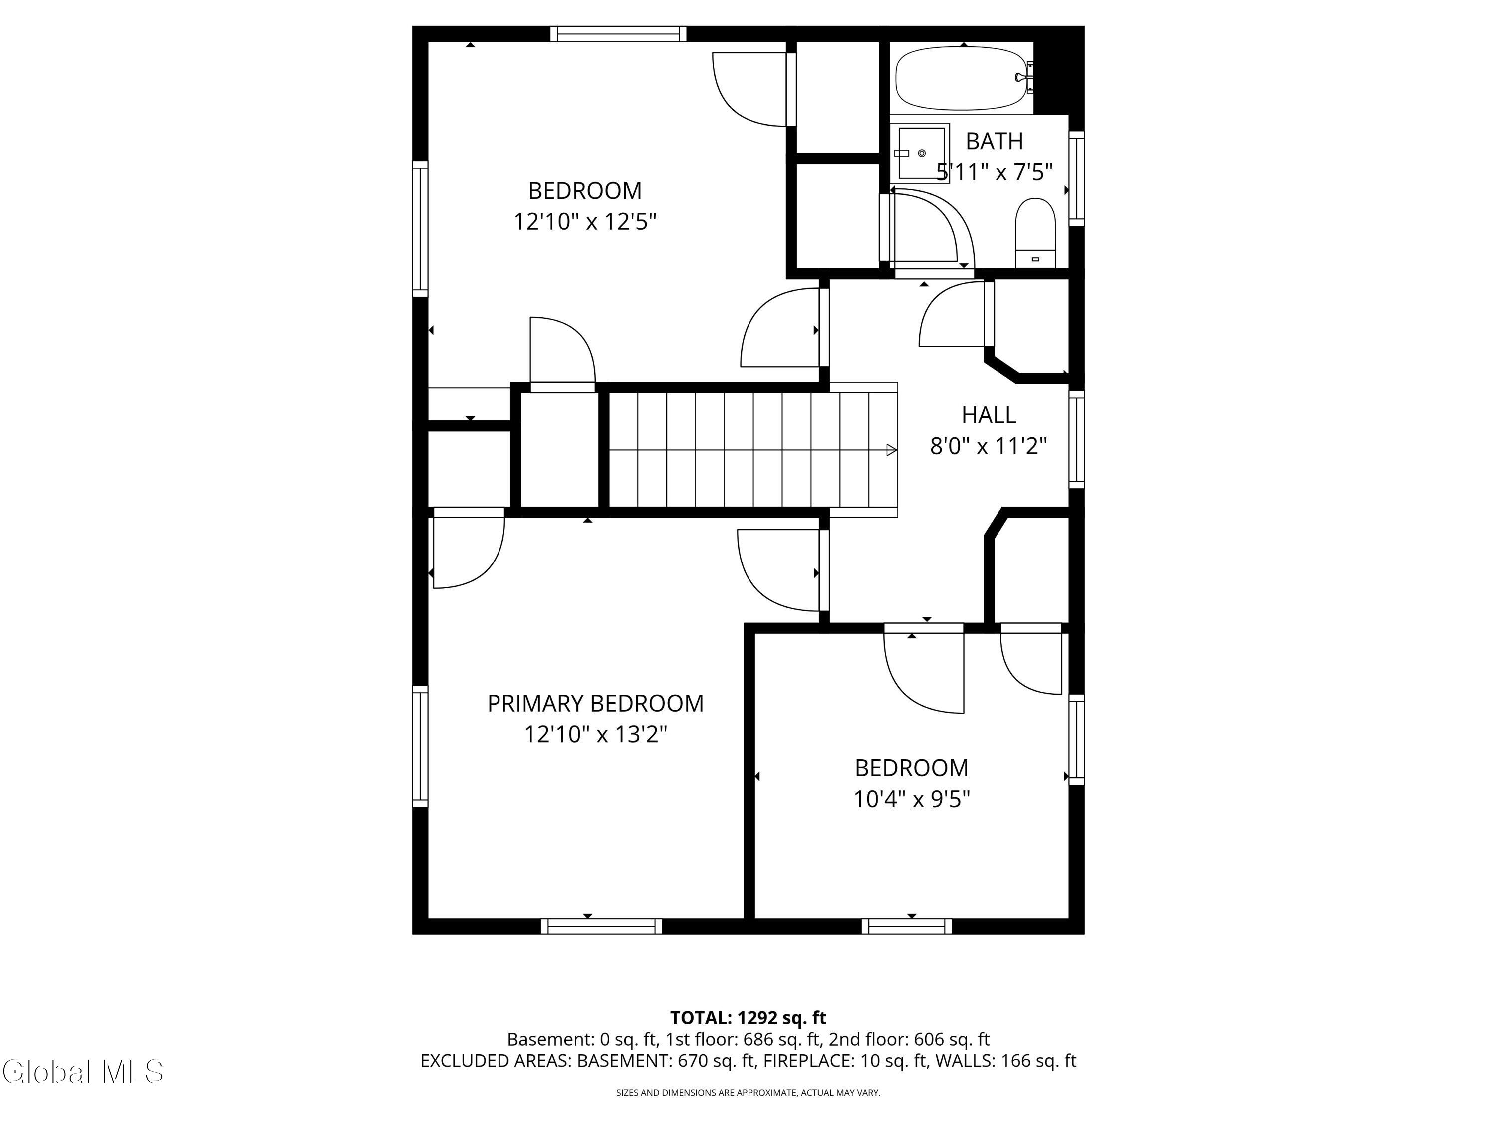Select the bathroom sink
coord(920,153)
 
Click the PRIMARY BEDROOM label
coord(595,703)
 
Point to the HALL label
coord(989,414)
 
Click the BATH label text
coord(994,141)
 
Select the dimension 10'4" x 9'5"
coord(912,799)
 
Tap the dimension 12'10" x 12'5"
coord(585,221)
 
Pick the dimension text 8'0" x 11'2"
coord(989,446)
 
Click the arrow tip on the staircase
coord(897,450)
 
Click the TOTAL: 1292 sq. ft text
coord(748,1017)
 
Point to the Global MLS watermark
coord(82,1072)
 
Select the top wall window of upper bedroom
coord(618,34)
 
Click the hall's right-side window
coord(1077,439)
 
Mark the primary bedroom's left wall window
coord(420,746)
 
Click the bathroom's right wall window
coord(1077,179)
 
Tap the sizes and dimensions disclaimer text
coord(748,1092)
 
